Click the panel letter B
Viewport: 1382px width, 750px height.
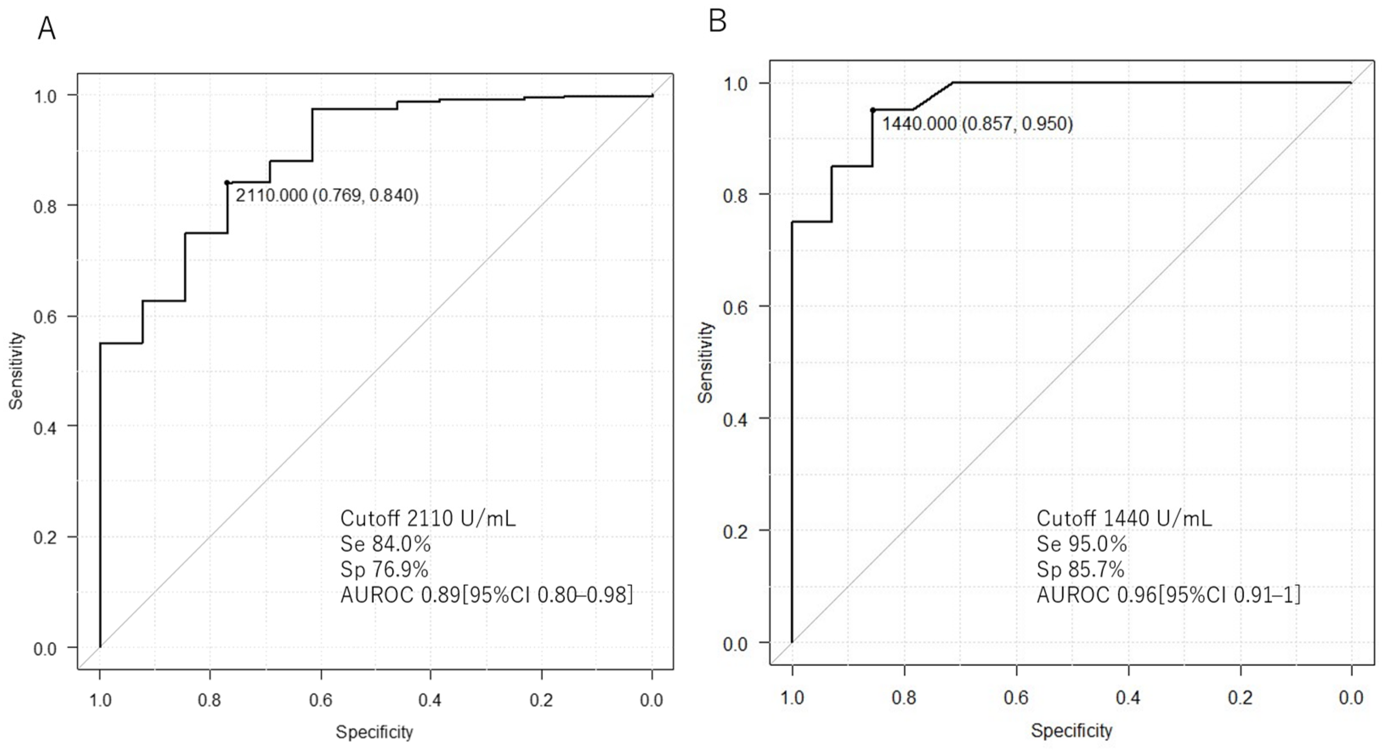718,22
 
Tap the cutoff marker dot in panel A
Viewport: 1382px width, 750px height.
227,182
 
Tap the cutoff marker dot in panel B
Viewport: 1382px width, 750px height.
872,110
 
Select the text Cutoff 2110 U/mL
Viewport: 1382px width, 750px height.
428,518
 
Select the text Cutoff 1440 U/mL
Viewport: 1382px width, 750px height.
1124,518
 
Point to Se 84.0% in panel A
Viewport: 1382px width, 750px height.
385,544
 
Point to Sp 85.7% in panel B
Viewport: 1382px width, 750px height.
1080,570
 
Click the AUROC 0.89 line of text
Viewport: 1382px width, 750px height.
486,595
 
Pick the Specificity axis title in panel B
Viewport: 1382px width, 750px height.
1071,731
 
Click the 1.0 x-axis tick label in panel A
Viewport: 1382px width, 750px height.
100,701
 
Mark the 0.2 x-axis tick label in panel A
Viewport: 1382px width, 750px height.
541,701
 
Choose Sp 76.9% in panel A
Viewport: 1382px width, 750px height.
384,570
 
